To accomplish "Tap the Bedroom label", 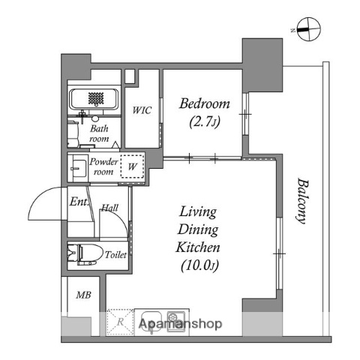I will click(x=204, y=104).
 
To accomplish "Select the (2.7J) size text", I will click(x=204, y=121).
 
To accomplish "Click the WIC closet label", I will click(x=142, y=111).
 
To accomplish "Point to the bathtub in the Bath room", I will click(x=94, y=98).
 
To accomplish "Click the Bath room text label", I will click(x=99, y=133).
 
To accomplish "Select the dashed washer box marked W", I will click(x=131, y=166).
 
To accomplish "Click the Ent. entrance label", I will click(x=78, y=202).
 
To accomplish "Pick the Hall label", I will click(x=109, y=208).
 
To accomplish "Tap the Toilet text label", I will click(x=115, y=254).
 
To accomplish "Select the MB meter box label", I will click(x=82, y=295).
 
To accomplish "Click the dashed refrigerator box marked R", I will click(x=120, y=321).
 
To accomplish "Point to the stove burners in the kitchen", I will click(x=175, y=318).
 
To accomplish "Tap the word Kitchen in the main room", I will click(x=197, y=247).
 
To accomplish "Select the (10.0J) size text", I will click(x=197, y=264).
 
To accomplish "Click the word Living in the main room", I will click(x=197, y=212).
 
